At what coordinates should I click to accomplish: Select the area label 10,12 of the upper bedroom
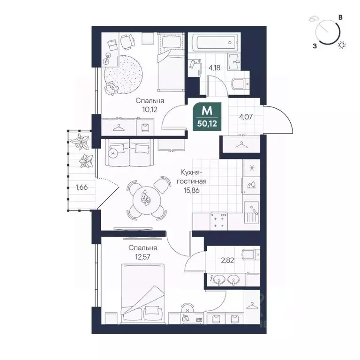point(150,110)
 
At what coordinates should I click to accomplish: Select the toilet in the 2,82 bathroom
point(248,255)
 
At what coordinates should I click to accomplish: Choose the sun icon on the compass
point(343,45)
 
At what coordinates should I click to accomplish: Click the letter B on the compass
point(341,17)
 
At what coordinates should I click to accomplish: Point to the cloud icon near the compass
point(314,20)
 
